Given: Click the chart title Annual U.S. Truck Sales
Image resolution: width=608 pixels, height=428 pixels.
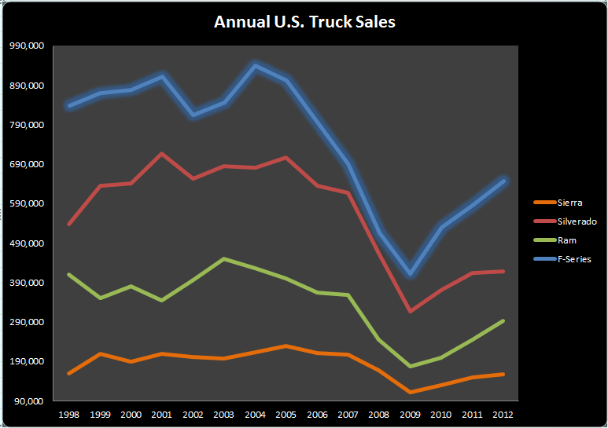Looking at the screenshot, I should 304,22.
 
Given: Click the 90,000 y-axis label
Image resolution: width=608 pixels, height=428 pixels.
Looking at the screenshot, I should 28,401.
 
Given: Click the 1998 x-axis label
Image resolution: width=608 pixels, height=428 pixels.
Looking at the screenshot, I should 68,414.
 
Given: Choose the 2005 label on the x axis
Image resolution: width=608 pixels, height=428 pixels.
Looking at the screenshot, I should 286,414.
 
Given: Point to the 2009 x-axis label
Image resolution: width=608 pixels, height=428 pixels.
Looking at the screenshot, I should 409,414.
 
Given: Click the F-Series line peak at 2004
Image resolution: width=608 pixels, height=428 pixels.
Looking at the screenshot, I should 255,65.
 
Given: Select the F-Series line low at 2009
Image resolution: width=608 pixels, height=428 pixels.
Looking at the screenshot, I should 409,274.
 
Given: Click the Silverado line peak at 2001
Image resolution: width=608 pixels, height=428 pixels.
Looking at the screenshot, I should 161,153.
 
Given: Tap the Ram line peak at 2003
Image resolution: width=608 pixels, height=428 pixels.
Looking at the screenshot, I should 223,258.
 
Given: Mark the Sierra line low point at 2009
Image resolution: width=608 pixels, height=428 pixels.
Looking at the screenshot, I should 409,392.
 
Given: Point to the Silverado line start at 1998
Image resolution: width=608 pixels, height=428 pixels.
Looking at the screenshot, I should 68,225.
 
